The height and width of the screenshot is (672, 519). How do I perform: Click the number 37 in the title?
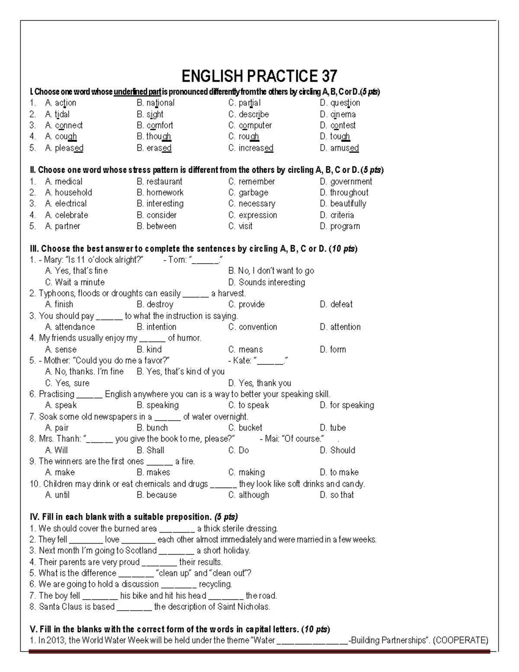click(328, 77)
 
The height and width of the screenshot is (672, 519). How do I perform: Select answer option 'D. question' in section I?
click(340, 103)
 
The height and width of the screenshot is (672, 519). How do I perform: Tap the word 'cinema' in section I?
click(343, 114)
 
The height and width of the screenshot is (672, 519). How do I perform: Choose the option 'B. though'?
click(154, 136)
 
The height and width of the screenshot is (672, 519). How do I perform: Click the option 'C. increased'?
click(251, 148)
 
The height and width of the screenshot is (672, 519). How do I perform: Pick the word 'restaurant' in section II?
click(164, 182)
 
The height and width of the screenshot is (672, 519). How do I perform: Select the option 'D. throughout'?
click(344, 193)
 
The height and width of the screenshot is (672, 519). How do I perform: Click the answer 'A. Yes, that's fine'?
click(77, 271)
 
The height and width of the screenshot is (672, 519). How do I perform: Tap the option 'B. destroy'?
click(155, 305)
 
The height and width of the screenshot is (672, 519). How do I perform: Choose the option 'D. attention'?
click(340, 327)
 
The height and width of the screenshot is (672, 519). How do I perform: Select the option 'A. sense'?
click(61, 350)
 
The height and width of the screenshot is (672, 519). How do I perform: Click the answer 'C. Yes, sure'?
click(67, 383)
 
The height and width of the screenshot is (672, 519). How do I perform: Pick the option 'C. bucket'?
click(245, 428)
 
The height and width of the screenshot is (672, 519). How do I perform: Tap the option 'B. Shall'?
click(151, 450)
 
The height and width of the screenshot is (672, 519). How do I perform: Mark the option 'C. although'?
click(249, 495)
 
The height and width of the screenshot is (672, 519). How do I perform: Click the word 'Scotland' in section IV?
click(141, 551)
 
